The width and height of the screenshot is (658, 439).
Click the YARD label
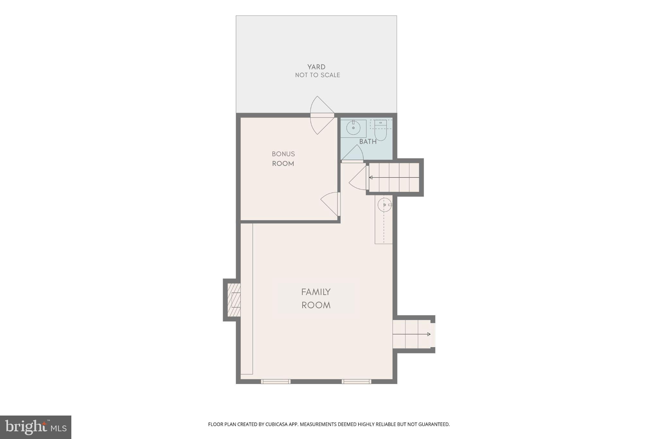point(316,67)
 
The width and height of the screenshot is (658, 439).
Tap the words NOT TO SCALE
point(317,75)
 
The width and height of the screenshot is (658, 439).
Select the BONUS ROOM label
point(283,159)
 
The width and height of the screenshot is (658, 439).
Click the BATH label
point(368,142)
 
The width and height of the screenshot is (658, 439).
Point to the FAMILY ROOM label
point(316,299)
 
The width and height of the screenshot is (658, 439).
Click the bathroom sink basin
point(353,128)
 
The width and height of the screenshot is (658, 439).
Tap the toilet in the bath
point(381,132)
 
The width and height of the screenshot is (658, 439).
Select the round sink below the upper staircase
point(384,205)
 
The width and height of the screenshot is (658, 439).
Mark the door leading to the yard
point(321,115)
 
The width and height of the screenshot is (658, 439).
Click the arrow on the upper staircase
point(371,177)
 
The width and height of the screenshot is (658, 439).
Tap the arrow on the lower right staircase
point(428,334)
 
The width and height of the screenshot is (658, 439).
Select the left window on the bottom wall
point(276,381)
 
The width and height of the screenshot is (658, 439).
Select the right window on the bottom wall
point(356,381)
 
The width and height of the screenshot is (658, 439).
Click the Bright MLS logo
point(36,427)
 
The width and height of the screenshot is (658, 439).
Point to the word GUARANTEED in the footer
point(435,424)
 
